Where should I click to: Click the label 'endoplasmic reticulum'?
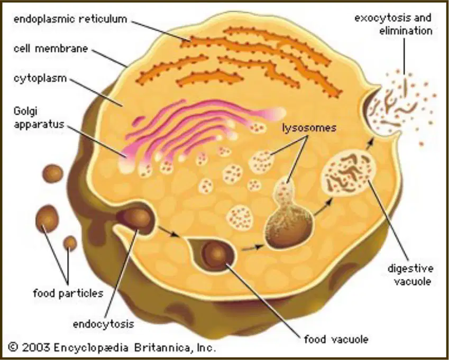(x=70, y=19)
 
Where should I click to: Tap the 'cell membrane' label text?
(x=51, y=48)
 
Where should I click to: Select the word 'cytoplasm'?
(x=40, y=78)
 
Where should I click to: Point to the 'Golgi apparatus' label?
(x=39, y=117)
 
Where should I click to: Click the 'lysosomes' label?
(x=309, y=127)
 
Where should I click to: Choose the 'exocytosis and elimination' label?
(x=393, y=24)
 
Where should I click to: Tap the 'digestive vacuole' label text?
(x=410, y=275)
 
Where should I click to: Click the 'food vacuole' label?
(x=336, y=339)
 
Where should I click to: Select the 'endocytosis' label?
(x=103, y=324)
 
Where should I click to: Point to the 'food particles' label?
(x=68, y=293)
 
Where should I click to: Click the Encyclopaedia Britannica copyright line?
(x=112, y=347)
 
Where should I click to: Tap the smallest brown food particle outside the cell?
(x=70, y=243)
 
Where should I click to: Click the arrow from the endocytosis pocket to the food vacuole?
(x=169, y=232)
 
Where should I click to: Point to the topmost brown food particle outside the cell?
(x=53, y=173)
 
